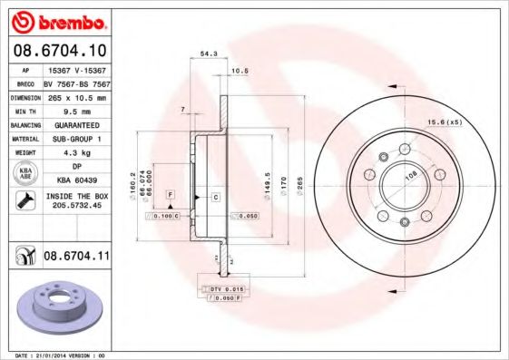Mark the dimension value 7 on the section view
point(182,110)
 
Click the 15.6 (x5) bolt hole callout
point(445,122)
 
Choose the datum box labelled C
point(217,196)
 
